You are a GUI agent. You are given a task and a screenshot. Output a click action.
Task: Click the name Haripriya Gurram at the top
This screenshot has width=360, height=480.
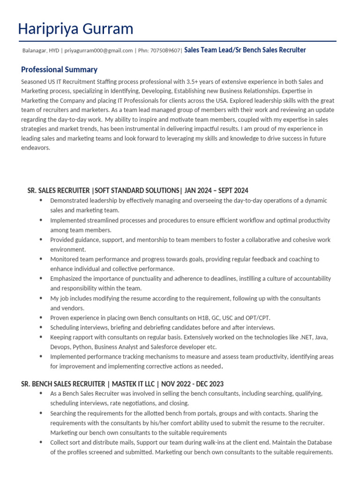point(75,29)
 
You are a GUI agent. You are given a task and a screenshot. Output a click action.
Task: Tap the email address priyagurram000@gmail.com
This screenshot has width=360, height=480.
point(98,51)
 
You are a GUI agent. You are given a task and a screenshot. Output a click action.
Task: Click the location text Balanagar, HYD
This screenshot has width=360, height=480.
point(41,51)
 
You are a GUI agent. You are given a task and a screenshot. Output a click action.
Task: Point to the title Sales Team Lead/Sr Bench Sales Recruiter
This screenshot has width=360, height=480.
point(245,50)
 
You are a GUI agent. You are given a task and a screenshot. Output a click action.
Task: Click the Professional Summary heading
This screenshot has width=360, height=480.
point(59,70)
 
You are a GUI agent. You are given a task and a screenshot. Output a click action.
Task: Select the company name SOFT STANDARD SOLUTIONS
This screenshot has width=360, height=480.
point(136,190)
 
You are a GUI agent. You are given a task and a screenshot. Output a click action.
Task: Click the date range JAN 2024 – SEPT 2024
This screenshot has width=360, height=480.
point(217,190)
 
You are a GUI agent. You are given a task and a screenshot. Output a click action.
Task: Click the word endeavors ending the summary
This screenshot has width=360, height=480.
point(35,148)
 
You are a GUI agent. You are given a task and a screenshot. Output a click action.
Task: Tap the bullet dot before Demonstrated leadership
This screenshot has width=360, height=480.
point(41,200)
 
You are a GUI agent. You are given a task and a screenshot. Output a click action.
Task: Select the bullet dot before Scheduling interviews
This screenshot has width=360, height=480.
point(41,327)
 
